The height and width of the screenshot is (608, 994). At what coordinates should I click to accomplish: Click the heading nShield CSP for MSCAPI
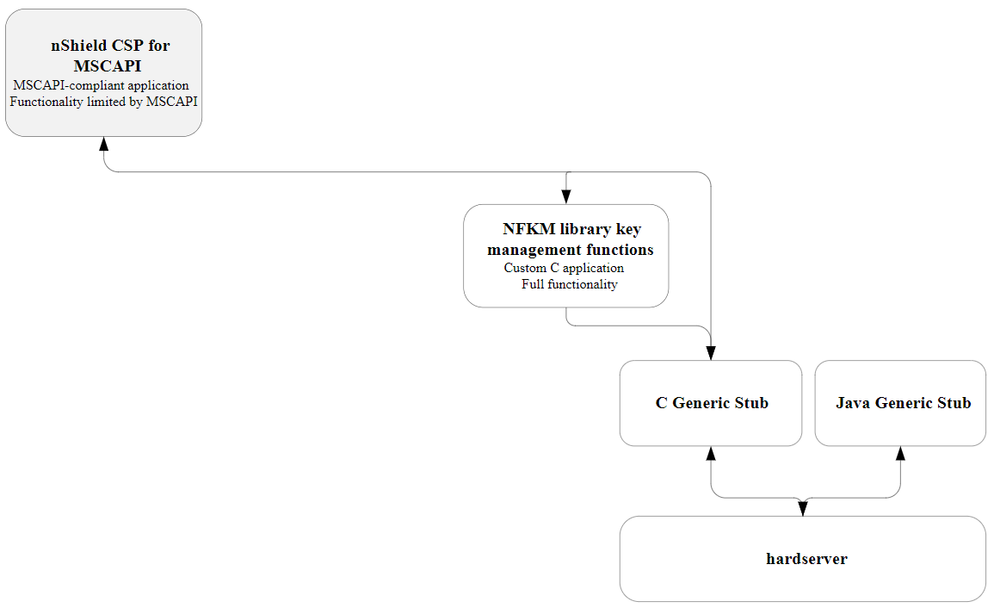click(x=109, y=56)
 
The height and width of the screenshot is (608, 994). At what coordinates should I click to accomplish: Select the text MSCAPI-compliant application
click(x=101, y=85)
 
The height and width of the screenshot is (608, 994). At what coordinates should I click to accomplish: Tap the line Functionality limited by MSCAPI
click(x=103, y=102)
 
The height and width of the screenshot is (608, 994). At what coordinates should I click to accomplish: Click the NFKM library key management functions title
click(x=570, y=239)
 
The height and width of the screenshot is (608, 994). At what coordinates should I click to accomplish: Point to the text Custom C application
click(x=564, y=268)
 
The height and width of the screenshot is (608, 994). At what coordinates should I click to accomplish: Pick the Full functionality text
click(x=569, y=284)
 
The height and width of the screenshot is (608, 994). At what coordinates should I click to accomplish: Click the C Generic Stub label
click(x=711, y=403)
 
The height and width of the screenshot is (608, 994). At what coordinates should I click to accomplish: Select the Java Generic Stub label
click(x=903, y=403)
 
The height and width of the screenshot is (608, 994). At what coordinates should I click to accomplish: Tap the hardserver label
click(x=806, y=559)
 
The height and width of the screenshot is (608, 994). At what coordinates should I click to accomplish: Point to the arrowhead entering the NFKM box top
click(x=566, y=197)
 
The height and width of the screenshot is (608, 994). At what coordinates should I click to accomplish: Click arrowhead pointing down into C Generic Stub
click(x=711, y=353)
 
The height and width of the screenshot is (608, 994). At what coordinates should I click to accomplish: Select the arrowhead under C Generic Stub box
click(x=711, y=453)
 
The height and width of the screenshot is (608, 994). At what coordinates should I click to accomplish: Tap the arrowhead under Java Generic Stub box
click(x=900, y=453)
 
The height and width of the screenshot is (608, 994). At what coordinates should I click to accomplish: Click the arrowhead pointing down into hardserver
click(x=803, y=509)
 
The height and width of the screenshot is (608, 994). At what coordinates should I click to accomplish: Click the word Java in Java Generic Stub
click(x=853, y=403)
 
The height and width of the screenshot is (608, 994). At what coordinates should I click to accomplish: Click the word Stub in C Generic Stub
click(x=751, y=403)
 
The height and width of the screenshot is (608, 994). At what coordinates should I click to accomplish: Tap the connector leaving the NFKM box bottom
click(x=566, y=317)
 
